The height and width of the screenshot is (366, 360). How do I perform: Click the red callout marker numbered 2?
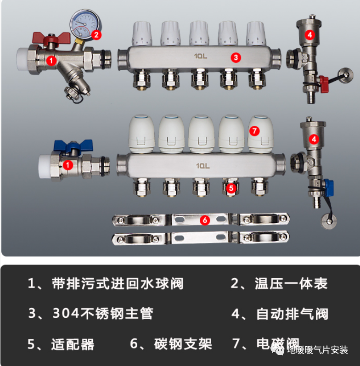click(96, 34)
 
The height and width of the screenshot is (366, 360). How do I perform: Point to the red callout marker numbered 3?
click(235, 57)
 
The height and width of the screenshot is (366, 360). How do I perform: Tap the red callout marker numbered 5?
click(231, 187)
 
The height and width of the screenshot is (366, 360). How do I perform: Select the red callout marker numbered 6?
click(205, 220)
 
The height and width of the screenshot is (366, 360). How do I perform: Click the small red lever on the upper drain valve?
click(324, 82)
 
